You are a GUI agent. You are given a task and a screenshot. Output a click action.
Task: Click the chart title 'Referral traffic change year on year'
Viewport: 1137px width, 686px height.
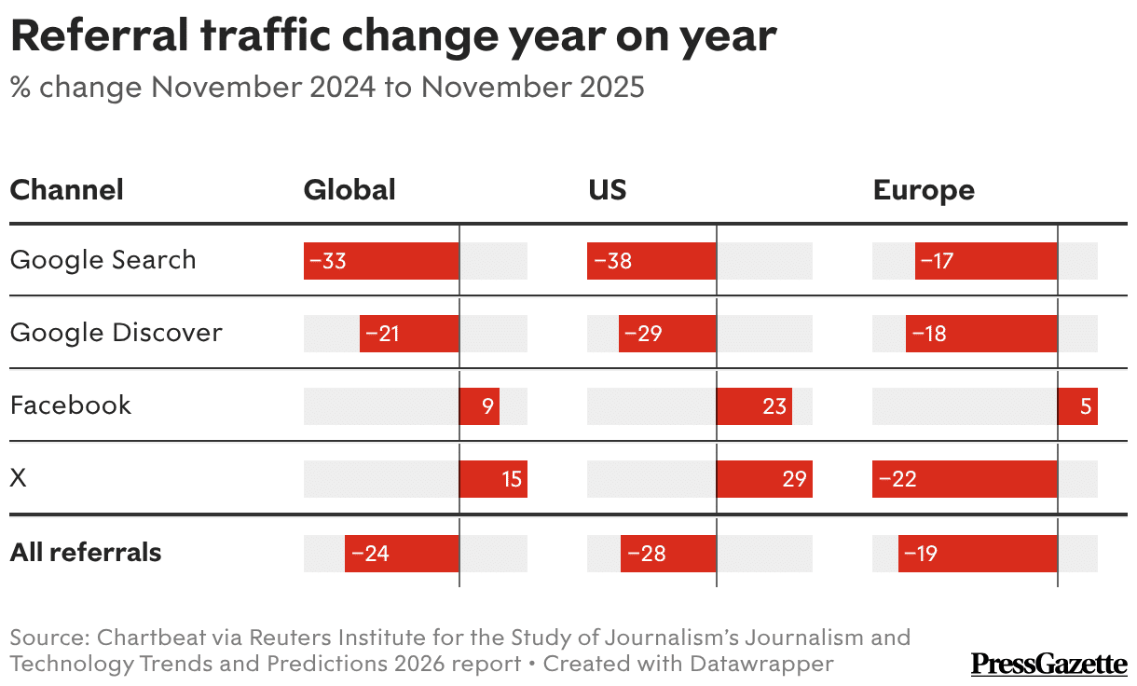(392, 36)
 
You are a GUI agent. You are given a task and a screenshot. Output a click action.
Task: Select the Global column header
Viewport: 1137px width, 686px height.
(349, 190)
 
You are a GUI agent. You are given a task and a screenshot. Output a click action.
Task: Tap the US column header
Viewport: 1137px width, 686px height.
(607, 190)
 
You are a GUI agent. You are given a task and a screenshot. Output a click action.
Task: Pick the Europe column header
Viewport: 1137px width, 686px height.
(923, 190)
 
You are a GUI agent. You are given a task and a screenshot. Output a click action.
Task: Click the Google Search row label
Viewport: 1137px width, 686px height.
(103, 260)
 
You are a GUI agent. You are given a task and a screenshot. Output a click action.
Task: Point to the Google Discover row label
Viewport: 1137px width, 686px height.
(116, 333)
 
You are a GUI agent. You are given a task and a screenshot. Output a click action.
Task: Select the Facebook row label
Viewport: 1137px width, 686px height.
(70, 405)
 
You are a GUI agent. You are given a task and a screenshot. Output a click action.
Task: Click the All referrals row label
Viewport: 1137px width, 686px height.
(86, 553)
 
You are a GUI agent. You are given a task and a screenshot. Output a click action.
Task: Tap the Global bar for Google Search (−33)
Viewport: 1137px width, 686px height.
(381, 261)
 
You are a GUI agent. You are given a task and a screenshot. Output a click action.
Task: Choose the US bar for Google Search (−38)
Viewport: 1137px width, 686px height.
(651, 261)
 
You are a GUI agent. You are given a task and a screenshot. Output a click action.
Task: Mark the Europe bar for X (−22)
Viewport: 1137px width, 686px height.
(965, 479)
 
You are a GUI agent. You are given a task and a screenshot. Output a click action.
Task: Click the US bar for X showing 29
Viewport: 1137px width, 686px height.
(764, 479)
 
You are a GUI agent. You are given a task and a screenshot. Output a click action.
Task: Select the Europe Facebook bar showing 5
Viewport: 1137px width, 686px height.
(1077, 406)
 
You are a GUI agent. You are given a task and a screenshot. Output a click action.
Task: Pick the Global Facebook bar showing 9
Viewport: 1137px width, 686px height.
(479, 406)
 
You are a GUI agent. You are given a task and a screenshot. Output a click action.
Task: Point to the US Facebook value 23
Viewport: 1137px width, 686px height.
(774, 406)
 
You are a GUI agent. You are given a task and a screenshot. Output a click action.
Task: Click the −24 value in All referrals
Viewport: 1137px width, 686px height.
(370, 554)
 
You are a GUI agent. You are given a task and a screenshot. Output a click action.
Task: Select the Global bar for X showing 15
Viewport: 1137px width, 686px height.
(493, 479)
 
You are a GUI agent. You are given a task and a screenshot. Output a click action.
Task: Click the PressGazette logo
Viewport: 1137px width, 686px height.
(1048, 664)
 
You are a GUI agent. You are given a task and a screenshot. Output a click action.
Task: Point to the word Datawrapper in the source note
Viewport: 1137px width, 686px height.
(761, 665)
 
